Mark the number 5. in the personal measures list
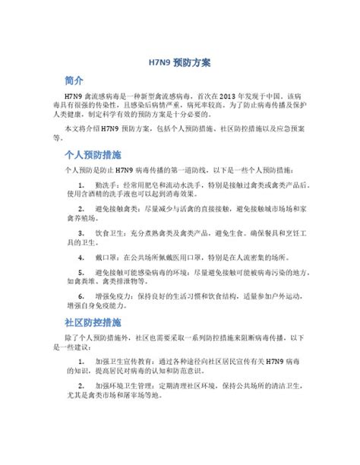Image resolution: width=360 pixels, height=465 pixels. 82,271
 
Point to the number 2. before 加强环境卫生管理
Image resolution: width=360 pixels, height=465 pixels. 82,386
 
